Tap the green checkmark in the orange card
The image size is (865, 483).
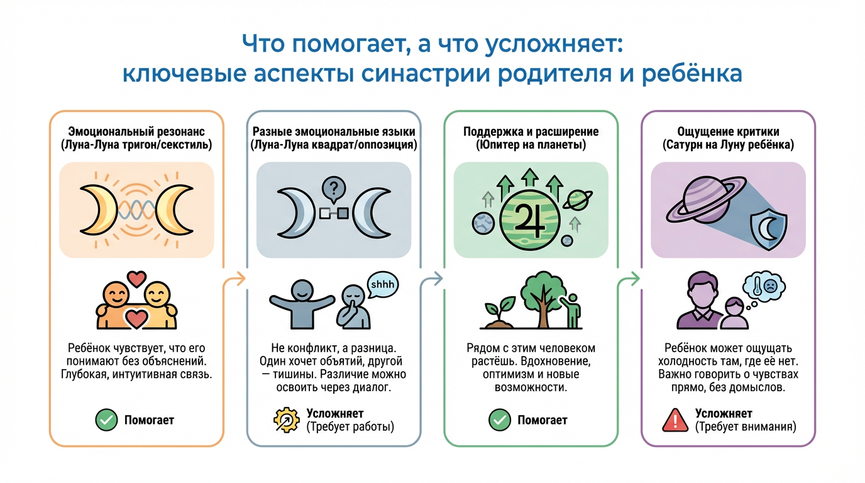tap(106, 419)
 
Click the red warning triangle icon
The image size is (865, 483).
tap(675, 419)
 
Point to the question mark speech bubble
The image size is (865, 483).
tap(333, 188)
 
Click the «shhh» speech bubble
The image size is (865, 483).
tap(383, 284)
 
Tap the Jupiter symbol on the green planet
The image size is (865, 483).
tap(527, 218)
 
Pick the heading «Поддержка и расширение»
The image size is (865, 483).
tap(531, 132)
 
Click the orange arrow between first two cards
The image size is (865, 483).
tap(234, 279)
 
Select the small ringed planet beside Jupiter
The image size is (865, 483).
tap(576, 201)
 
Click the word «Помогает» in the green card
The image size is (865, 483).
tap(542, 419)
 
